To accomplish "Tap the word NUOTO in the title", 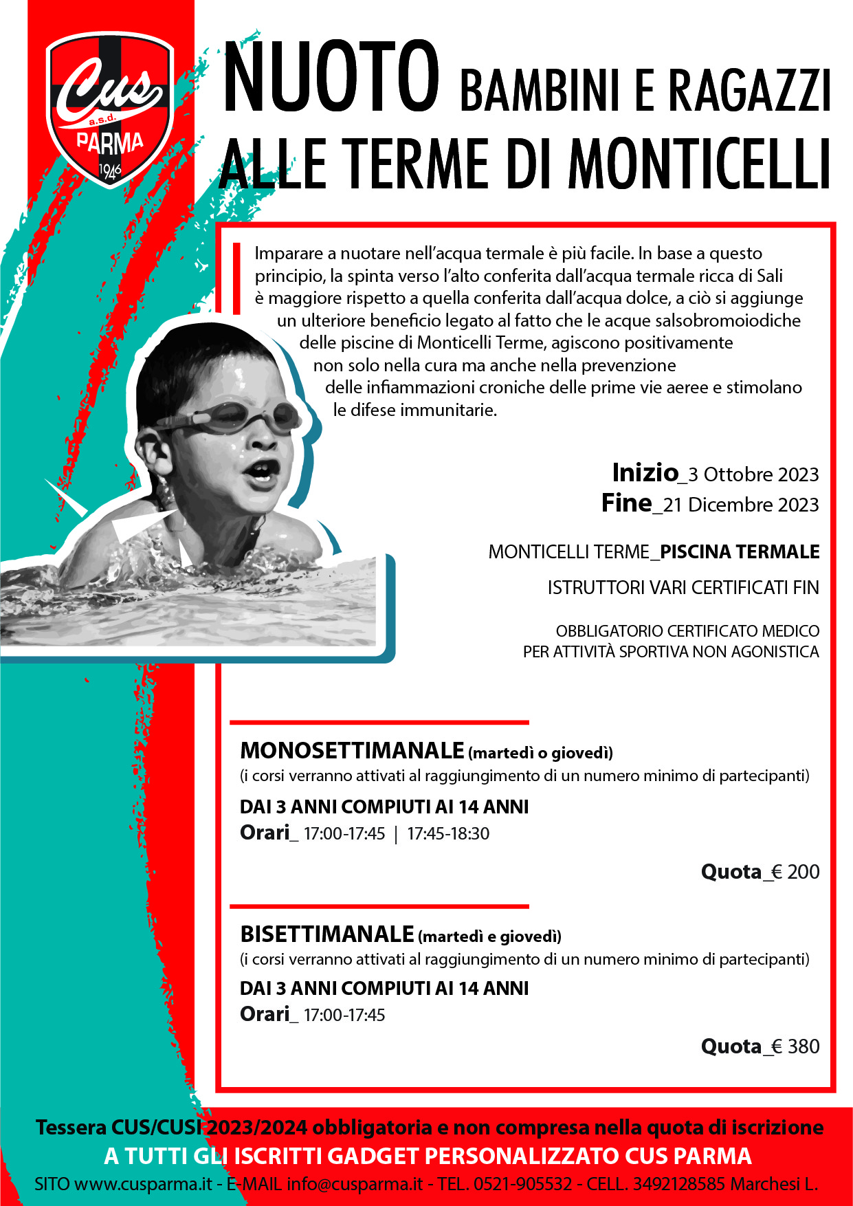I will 331,77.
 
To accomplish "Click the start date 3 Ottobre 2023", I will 753,475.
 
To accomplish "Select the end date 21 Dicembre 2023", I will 741,505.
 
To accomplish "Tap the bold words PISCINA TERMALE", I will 740,552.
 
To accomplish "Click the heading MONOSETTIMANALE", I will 353,750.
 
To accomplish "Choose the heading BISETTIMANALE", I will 327,934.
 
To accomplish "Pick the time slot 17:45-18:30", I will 448,834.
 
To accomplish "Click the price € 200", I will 795,873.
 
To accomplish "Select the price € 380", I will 795,1047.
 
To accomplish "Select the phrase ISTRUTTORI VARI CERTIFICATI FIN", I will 683,588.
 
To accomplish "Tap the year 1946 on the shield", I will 110,170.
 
